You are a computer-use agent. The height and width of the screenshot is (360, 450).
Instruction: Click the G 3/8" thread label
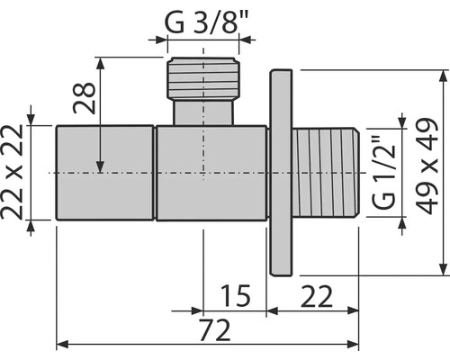(x=207, y=22)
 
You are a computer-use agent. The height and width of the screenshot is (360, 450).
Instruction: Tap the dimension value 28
(x=85, y=98)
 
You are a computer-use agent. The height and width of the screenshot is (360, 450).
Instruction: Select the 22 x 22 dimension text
(x=12, y=172)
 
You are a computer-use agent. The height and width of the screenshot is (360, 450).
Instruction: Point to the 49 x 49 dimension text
(x=427, y=166)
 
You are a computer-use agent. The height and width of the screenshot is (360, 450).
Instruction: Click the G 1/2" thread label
(x=384, y=172)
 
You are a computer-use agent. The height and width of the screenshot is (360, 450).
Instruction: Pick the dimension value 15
(x=236, y=296)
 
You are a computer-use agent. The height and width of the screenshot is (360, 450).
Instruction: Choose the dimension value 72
(x=215, y=330)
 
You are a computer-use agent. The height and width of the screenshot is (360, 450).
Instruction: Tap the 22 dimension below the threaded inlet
(x=317, y=297)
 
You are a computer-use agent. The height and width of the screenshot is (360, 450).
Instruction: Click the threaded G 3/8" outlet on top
(x=203, y=78)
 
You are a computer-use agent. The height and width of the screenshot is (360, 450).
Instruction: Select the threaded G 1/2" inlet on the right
(x=326, y=172)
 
